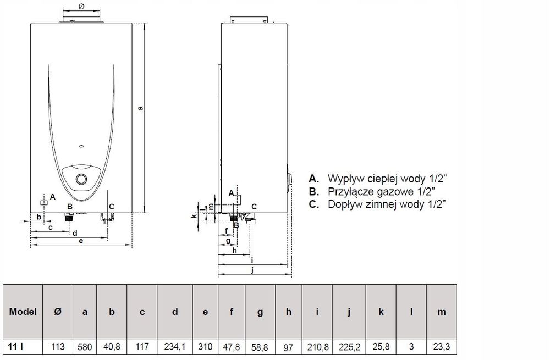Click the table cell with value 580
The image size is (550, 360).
(x=85, y=347)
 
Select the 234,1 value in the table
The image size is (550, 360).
(x=175, y=347)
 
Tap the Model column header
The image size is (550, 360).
(x=23, y=312)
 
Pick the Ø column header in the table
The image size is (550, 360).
(x=58, y=312)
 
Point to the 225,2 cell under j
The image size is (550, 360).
(x=349, y=347)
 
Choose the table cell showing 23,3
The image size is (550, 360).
(x=442, y=347)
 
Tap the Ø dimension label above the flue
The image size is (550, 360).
(x=81, y=6)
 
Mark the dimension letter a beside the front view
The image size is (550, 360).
(x=141, y=108)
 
